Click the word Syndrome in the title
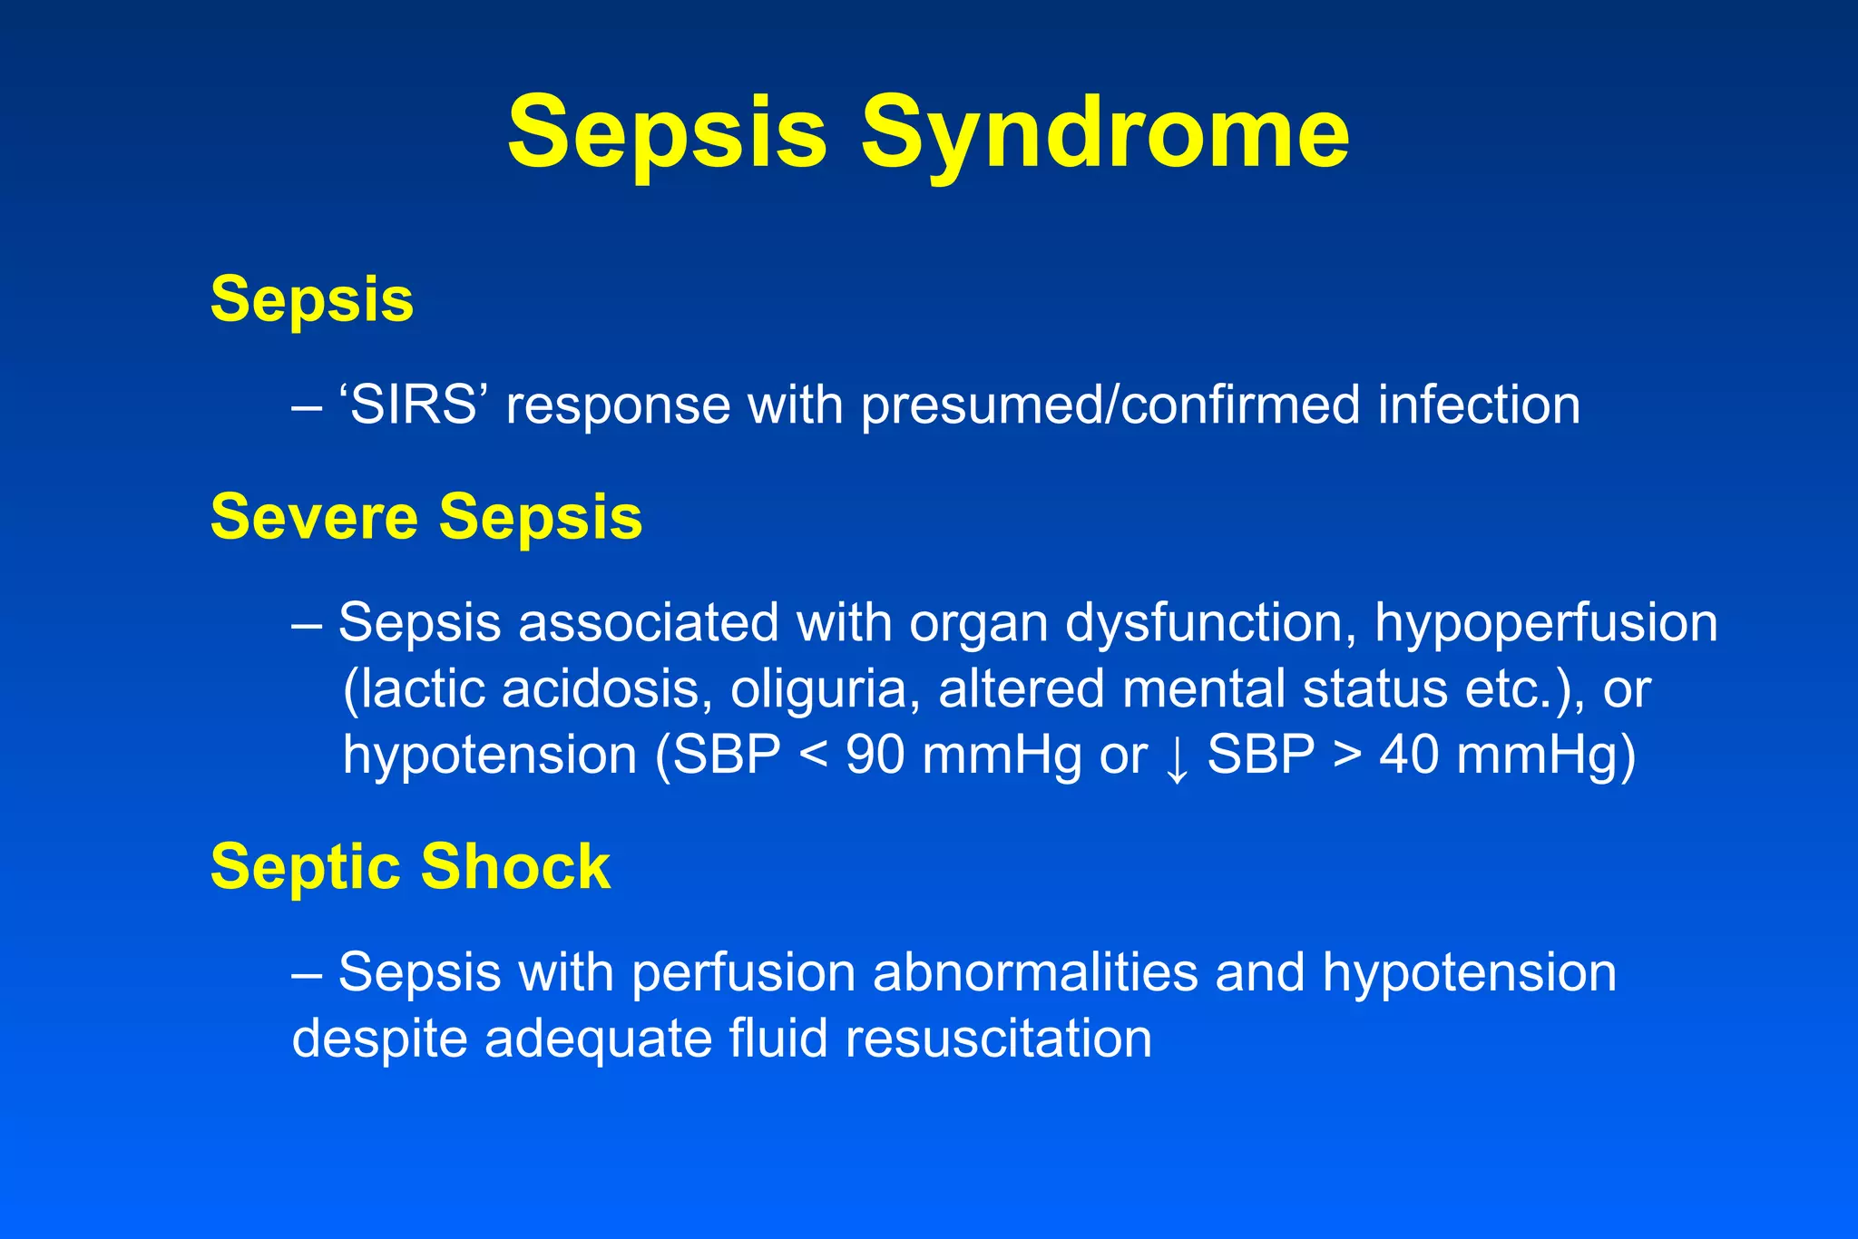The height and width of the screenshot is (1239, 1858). tap(1104, 134)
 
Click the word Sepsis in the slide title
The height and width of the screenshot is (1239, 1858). tap(667, 134)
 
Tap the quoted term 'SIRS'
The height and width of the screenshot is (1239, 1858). tap(413, 405)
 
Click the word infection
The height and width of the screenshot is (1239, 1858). tap(1479, 405)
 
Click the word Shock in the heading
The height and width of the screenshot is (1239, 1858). tap(515, 866)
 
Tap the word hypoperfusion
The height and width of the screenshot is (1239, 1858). tap(1545, 624)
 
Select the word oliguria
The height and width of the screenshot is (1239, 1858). tap(818, 689)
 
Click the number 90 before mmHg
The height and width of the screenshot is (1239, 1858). tap(875, 755)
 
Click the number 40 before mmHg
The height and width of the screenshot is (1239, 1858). tap(1408, 755)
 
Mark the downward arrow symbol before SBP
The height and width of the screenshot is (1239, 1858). tap(1177, 758)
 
